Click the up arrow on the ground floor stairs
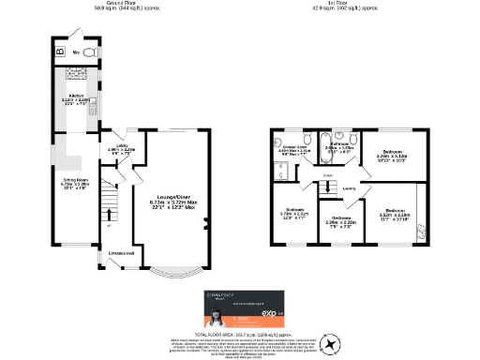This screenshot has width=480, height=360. click(x=110, y=225)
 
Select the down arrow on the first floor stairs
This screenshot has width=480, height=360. click(x=327, y=175)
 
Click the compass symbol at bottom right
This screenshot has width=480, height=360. click(x=331, y=346)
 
